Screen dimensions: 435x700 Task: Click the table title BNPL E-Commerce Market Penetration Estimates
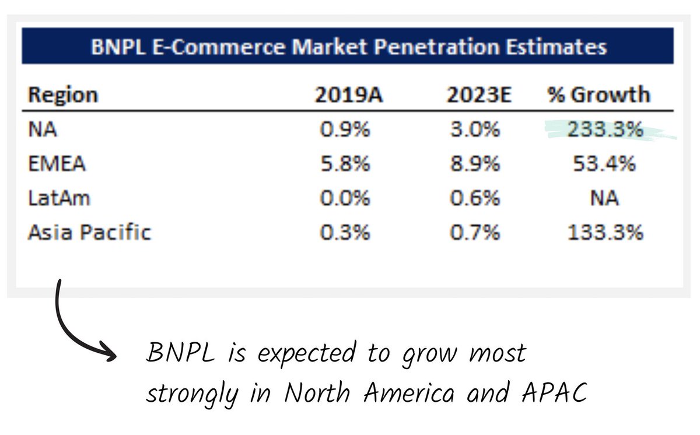point(348,47)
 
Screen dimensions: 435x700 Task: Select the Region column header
point(64,95)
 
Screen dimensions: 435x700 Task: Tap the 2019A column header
point(349,95)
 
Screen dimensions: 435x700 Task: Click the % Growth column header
point(598,95)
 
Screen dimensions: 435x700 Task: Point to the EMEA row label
point(57,164)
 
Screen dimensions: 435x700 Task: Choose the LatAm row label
point(59,198)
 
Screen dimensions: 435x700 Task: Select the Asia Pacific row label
point(89,233)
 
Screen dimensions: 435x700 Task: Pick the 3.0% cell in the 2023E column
point(474,129)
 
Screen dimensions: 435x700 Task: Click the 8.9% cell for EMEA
point(474,164)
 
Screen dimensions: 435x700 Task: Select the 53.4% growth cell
point(603,164)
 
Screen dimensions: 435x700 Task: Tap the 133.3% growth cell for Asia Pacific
point(604,233)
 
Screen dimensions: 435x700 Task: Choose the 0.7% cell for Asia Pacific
point(474,233)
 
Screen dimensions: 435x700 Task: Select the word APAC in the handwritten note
point(553,394)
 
